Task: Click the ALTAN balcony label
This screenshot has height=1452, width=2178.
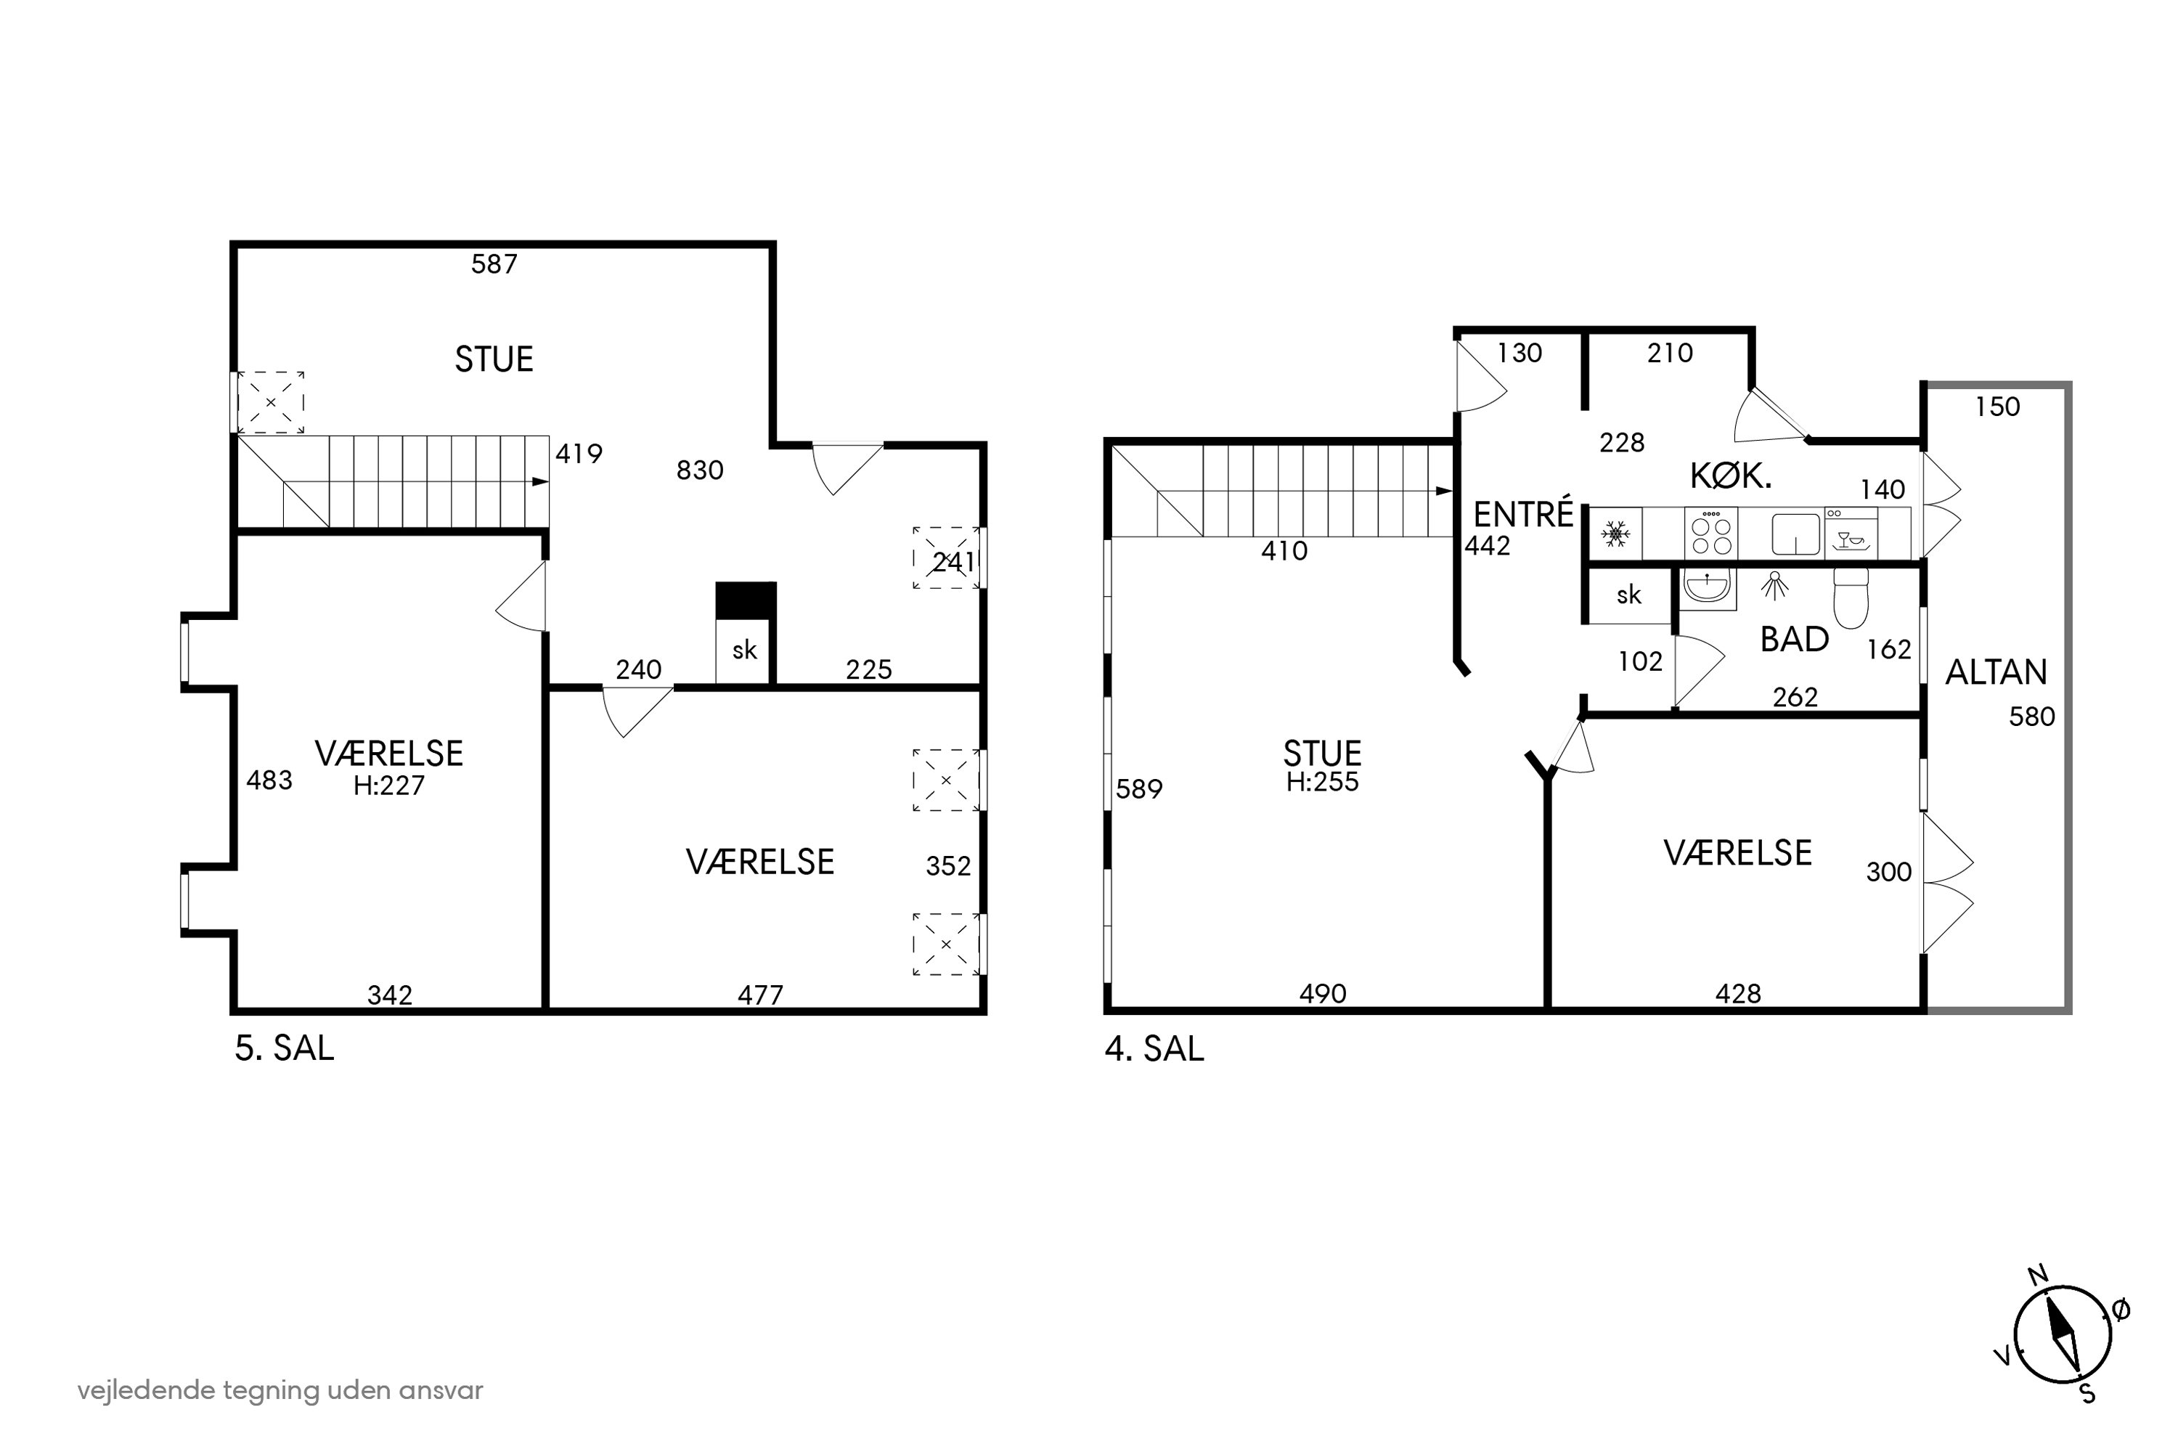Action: click(1996, 672)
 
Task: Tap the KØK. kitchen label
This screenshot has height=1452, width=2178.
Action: click(1731, 477)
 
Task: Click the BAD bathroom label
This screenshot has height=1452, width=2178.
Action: click(1794, 640)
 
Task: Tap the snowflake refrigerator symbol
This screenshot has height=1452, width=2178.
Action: click(1616, 534)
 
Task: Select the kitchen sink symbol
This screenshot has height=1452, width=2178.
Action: click(1795, 534)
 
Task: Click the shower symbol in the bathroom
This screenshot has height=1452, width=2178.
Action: click(1774, 585)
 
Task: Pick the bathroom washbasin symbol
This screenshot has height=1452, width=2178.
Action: click(1707, 588)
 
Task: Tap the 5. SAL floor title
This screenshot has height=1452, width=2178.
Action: click(285, 1048)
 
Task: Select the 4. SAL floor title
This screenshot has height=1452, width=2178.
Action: click(1155, 1048)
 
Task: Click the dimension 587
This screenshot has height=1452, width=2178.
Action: click(494, 265)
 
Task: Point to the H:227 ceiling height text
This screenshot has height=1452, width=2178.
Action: click(389, 786)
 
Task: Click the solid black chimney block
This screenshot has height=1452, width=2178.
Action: click(746, 600)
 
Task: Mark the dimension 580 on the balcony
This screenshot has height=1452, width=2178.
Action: click(2031, 717)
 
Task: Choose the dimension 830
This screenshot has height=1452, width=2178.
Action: click(699, 470)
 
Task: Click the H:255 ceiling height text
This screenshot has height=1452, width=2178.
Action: click(1322, 782)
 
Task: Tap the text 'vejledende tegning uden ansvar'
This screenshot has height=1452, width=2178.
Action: click(280, 1391)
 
